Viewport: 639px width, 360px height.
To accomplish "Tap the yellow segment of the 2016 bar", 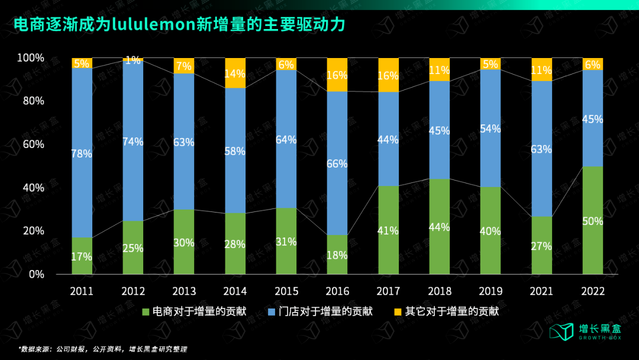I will (x=337, y=75).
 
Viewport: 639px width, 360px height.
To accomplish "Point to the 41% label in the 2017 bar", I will (x=388, y=231).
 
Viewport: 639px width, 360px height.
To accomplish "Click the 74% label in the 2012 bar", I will (x=133, y=142).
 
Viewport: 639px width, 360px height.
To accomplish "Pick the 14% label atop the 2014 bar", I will (x=235, y=74).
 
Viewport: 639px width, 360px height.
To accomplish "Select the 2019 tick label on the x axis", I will (x=490, y=291).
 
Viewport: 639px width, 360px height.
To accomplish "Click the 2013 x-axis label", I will (x=184, y=291).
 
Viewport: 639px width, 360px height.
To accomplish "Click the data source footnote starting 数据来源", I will (x=106, y=349).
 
